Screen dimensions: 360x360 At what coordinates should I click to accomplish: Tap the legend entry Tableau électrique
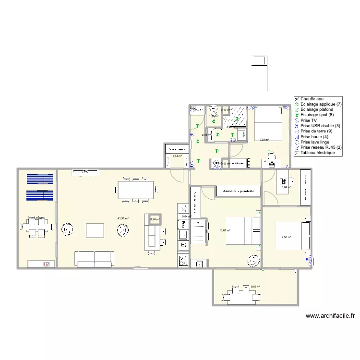(x=317, y=153)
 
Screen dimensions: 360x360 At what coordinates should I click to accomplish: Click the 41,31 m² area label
(x=123, y=218)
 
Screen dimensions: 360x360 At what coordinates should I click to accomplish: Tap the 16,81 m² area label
(x=225, y=230)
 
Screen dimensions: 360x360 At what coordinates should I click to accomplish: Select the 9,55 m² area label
(x=286, y=237)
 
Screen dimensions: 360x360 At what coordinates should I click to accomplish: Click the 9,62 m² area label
(x=255, y=287)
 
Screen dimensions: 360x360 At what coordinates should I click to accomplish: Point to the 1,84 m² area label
(x=177, y=156)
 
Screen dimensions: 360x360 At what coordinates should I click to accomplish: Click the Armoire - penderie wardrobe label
(x=239, y=191)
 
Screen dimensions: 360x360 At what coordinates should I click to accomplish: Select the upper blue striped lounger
(x=40, y=179)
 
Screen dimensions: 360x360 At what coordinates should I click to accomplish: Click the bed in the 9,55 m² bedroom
(x=289, y=236)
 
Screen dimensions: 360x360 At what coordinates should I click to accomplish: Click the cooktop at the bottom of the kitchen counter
(x=183, y=261)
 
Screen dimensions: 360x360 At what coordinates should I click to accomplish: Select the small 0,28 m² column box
(x=155, y=219)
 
